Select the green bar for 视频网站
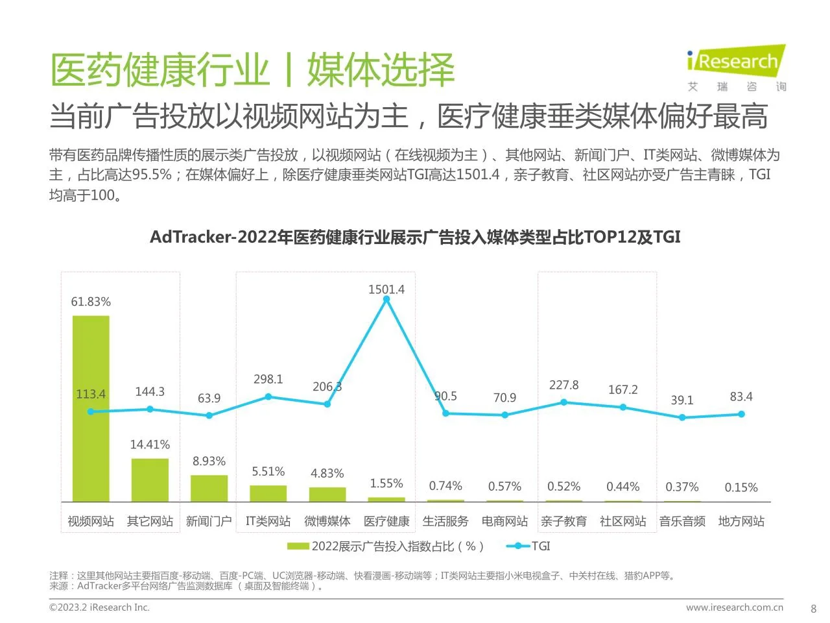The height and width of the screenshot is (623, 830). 91,409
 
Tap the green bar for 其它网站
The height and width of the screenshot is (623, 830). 150,480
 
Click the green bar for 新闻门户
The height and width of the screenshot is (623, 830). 209,488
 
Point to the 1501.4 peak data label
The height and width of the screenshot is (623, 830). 386,289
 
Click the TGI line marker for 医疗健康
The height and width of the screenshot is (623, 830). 386,300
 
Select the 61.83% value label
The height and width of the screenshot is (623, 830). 91,302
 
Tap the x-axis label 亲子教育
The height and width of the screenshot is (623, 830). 563,521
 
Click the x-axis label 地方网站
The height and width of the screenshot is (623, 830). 741,521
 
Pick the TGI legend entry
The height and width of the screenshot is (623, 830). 528,546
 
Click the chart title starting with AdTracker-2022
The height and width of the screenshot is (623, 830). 415,237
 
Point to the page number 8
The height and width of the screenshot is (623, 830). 814,609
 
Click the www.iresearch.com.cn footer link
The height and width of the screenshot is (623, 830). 735,607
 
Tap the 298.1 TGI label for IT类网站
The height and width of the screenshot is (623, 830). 268,379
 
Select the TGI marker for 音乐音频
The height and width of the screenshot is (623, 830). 682,417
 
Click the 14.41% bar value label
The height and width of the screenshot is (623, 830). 150,445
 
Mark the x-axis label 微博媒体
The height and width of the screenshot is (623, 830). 327,521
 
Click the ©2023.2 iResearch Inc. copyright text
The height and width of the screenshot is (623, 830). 99,607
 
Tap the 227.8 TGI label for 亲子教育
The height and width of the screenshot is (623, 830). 563,385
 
